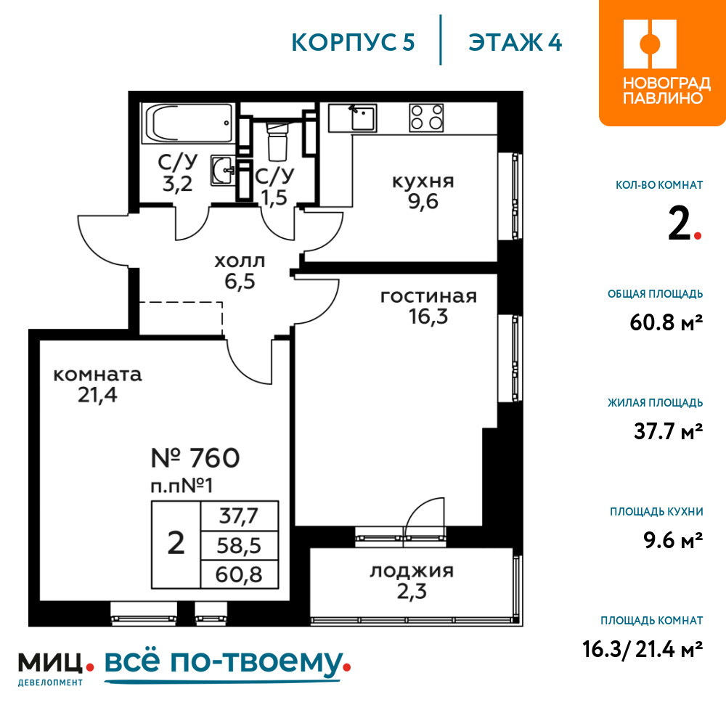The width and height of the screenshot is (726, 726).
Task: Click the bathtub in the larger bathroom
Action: point(189,123)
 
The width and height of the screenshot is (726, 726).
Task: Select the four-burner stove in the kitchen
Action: point(426,117)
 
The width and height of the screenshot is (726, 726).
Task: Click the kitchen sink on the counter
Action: point(364,118)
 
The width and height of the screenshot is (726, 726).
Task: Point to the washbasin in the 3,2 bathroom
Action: point(223,171)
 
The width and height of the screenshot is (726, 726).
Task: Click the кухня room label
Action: point(423,181)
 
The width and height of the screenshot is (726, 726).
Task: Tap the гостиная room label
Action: point(428,296)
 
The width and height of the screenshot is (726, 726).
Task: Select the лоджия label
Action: point(412,571)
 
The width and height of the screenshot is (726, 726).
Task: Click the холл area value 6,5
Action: point(240,282)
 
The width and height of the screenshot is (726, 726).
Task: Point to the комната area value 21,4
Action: point(97,395)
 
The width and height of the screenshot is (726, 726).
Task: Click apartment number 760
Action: point(195,458)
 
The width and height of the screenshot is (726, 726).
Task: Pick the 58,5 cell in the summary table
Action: point(239,546)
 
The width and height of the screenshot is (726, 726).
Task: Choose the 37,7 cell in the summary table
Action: point(239,515)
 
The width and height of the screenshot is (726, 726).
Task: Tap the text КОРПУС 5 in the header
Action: point(353,43)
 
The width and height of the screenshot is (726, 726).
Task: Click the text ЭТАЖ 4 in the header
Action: point(515,43)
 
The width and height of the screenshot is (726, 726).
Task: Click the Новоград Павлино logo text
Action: point(666,91)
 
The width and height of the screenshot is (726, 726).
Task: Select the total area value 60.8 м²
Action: point(666,322)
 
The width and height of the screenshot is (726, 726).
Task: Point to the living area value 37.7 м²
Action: point(668,431)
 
